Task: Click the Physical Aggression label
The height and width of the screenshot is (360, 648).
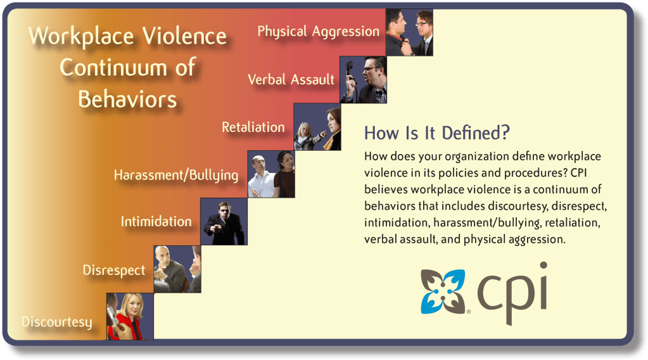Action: [x=318, y=32]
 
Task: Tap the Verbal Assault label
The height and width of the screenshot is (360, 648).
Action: [x=291, y=79]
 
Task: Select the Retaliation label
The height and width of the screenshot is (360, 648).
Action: [x=253, y=127]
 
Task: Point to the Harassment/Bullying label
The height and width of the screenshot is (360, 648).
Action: [x=176, y=176]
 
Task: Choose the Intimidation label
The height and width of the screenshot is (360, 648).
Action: [x=156, y=222]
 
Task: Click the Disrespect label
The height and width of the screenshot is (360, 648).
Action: [x=114, y=270]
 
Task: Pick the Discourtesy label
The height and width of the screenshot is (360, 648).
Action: [x=57, y=322]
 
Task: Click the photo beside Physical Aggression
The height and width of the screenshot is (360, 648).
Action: [x=410, y=32]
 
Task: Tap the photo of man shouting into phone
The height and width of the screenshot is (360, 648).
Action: [x=363, y=80]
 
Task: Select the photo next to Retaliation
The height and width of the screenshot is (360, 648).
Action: [x=317, y=127]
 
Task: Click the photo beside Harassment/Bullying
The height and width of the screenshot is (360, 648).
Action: [x=271, y=174]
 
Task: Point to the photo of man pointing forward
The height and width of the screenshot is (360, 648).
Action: [x=224, y=222]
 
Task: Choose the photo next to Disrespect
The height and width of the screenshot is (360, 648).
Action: [x=177, y=269]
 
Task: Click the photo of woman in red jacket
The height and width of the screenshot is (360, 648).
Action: [x=130, y=317]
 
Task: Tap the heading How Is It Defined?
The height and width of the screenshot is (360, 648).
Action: [x=437, y=133]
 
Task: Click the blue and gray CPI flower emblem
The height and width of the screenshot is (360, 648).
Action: [x=443, y=292]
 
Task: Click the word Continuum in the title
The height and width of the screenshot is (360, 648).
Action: [x=128, y=67]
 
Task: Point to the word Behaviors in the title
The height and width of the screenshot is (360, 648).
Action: [x=127, y=100]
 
